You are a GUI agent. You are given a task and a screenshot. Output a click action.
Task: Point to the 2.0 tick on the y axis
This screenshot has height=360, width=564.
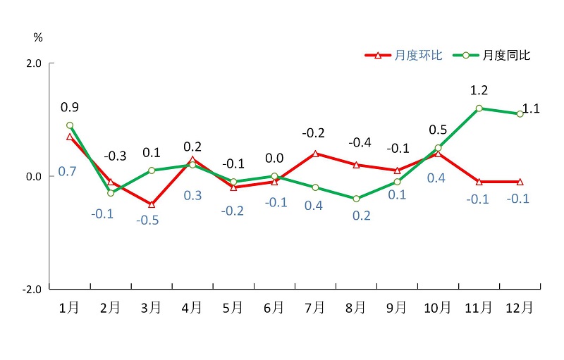(x=33, y=63)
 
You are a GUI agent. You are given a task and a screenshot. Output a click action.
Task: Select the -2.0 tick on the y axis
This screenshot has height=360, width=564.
(x=32, y=290)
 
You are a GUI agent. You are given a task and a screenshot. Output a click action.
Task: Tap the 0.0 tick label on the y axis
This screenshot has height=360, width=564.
(x=33, y=176)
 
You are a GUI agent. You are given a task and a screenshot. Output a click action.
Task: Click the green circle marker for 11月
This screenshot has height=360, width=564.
(x=479, y=108)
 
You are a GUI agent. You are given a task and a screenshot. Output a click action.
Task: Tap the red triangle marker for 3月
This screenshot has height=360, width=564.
(x=151, y=204)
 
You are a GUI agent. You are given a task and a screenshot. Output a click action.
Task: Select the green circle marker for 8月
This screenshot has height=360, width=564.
(x=356, y=199)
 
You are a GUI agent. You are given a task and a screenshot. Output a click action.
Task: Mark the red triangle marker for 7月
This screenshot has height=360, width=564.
(x=315, y=154)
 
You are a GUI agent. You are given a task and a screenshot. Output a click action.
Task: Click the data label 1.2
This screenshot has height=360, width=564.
(x=479, y=90)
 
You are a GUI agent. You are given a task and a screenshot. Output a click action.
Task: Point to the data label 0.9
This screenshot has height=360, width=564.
(x=70, y=107)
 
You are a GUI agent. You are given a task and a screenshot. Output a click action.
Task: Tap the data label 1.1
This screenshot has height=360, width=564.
(x=531, y=108)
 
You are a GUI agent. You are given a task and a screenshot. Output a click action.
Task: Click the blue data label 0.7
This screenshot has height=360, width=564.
(x=67, y=171)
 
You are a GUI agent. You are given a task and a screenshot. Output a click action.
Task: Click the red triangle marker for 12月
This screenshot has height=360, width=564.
(x=520, y=182)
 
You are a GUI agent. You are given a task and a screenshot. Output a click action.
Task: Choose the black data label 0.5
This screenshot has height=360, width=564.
(x=438, y=130)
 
